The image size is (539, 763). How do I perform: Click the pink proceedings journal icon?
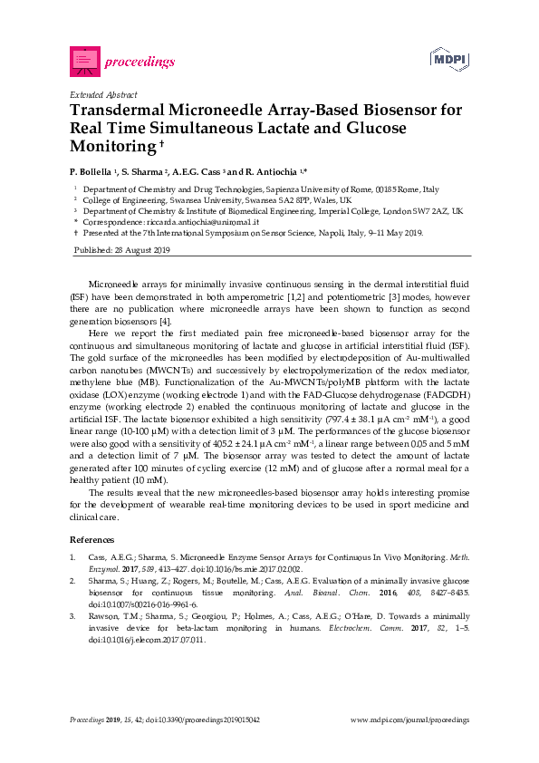pyautogui.click(x=84, y=61)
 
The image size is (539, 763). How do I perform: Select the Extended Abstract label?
pyautogui.click(x=103, y=94)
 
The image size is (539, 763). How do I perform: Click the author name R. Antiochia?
pyautogui.click(x=274, y=171)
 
